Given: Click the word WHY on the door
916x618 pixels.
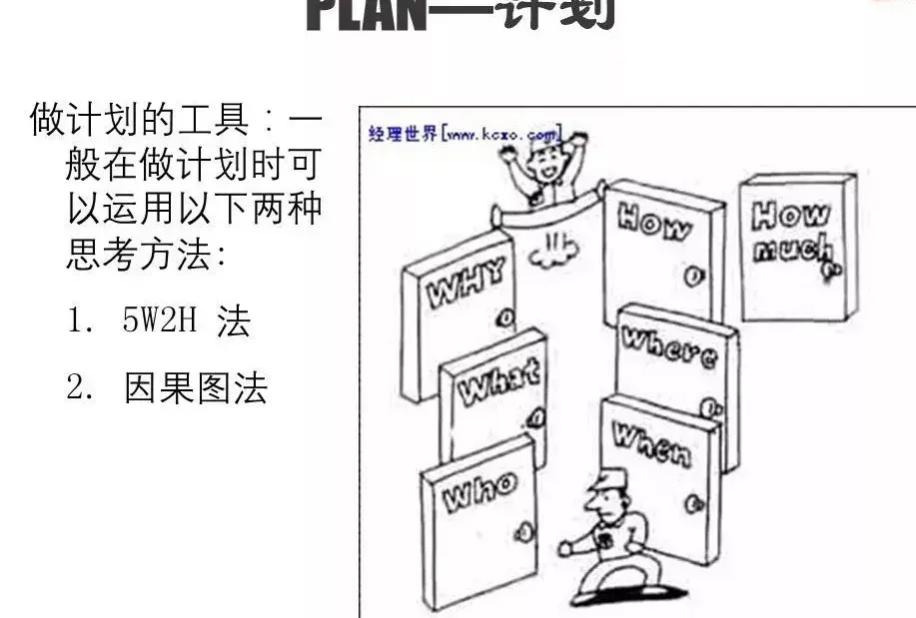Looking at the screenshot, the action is [466, 282].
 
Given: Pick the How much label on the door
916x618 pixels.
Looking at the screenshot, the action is [791, 233].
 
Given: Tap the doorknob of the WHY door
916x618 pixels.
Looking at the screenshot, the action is [505, 319].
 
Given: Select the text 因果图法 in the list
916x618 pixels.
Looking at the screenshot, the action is [196, 387].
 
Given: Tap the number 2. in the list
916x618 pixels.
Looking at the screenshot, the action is [80, 387].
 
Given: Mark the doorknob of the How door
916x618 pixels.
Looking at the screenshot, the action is [689, 272].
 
